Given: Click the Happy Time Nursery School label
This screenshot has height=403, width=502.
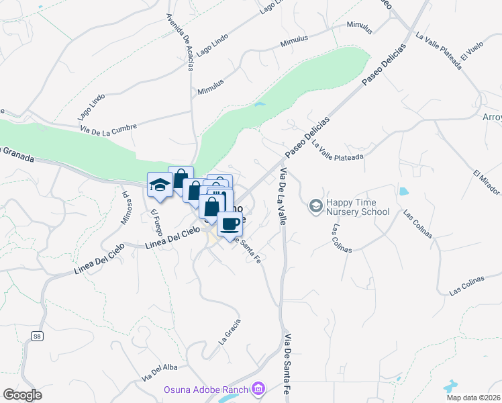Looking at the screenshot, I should [x=358, y=208].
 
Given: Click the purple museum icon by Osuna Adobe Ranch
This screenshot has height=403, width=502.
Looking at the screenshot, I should [x=257, y=389].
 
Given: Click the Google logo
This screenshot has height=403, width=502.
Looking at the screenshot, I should [x=22, y=395].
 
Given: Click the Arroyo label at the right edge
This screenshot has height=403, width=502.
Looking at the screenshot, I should [x=492, y=118].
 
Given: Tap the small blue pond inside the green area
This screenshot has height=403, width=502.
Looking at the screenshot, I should [x=259, y=105].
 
